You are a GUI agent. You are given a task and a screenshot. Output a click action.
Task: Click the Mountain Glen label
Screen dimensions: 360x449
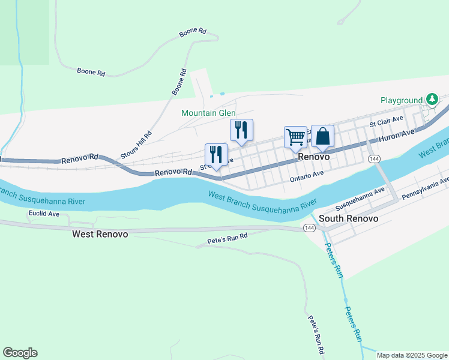coord(208,113)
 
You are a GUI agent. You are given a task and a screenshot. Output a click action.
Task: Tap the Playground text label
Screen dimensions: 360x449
coord(402,100)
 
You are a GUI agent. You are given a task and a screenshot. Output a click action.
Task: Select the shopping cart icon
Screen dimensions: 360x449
coord(295,137)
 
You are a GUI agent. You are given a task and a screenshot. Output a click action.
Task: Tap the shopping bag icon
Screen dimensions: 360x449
coord(322,136)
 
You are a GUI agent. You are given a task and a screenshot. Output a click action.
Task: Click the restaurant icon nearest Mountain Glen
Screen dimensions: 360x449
coord(241,130)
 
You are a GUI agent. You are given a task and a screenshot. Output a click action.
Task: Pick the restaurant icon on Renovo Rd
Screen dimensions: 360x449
coord(216,154)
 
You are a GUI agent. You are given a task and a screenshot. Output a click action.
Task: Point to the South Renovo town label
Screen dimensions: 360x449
coord(348,218)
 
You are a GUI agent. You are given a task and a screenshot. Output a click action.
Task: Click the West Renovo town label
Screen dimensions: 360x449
coord(100,234)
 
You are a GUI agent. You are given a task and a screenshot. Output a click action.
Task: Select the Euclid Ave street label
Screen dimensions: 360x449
coord(44,213)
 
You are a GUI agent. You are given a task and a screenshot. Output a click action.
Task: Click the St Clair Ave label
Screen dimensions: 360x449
coord(385,124)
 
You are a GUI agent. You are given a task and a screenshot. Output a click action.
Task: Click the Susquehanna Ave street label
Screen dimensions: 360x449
coord(360,198)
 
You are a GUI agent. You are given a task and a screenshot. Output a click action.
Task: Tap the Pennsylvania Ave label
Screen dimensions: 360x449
coord(426,188)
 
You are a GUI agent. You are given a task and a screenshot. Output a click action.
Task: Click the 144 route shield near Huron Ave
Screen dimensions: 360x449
coord(374,158)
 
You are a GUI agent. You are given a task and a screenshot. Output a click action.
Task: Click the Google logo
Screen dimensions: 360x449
coord(20,353)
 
